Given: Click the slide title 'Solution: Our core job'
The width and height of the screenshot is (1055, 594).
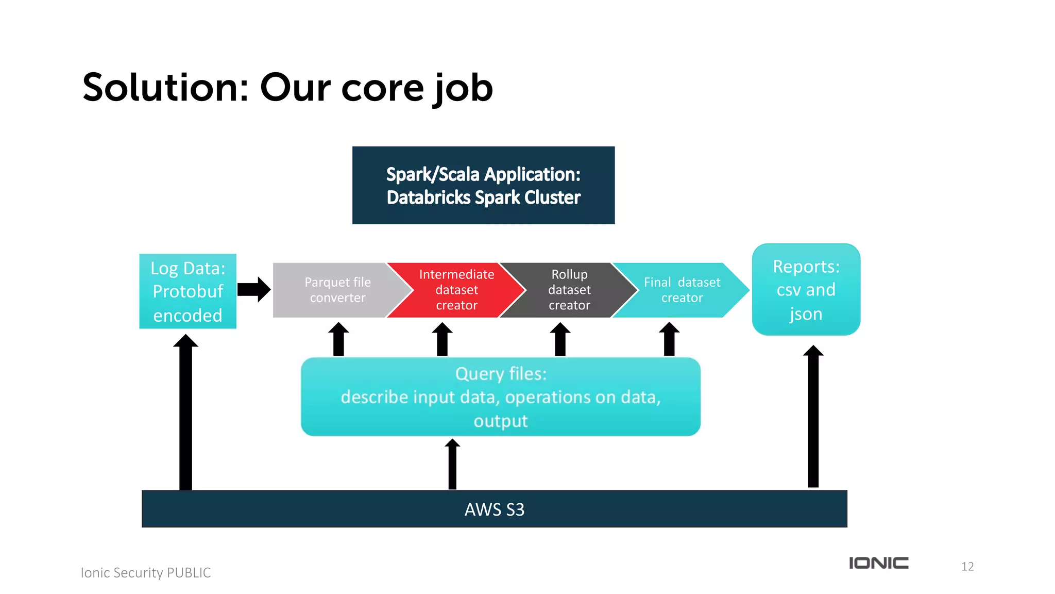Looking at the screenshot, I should point(287,88).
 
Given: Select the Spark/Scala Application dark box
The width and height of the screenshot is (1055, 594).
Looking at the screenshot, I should point(483,185).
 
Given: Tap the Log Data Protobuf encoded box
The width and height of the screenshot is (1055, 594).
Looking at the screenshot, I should point(188,291).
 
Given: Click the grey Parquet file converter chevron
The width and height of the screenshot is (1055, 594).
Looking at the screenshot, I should point(337,290).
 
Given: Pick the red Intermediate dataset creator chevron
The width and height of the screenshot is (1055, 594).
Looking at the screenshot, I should point(456,290).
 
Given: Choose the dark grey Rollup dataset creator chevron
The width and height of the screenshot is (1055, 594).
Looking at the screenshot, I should point(569,290).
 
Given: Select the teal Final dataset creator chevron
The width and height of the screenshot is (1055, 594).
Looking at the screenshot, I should point(682,290).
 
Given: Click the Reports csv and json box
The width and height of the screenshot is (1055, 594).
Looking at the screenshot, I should point(806,290).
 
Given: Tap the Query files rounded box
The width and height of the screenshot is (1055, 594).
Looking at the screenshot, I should point(500,397).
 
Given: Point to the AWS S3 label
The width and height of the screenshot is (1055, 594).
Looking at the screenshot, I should point(494,509).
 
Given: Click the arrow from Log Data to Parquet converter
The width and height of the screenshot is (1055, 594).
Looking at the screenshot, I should point(254,289).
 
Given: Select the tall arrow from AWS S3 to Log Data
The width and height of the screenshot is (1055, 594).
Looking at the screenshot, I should point(185,412).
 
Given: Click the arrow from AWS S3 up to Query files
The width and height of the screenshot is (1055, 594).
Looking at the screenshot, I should point(452,464).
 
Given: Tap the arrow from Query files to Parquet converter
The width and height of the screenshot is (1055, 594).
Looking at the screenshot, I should point(338,339).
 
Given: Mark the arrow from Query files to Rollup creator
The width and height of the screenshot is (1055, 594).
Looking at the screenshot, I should point(560,339).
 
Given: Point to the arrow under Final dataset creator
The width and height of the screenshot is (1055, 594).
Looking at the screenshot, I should point(669,339).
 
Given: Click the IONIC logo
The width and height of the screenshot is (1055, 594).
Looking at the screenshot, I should point(878,563).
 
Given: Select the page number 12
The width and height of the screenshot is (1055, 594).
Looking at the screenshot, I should point(967,567).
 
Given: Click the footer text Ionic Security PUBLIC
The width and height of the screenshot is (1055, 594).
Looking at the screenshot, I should point(146,573).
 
